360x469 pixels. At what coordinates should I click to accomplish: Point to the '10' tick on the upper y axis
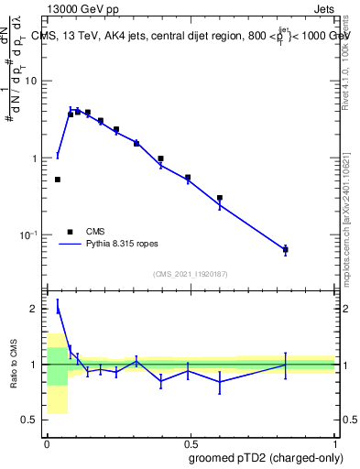tap(30, 81)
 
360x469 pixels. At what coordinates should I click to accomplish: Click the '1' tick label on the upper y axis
tap(34, 158)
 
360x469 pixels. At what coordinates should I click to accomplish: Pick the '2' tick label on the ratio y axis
tap(34, 309)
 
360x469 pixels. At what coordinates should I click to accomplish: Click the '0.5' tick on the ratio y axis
tap(29, 420)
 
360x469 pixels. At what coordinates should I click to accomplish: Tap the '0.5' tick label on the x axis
tap(191, 442)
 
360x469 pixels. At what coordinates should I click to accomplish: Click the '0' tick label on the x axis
tap(47, 442)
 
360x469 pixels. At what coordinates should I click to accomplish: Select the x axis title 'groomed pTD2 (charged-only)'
tap(266, 457)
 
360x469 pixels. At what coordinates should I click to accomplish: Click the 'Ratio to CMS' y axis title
tap(13, 365)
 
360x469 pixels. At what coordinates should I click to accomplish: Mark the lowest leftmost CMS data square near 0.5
tap(58, 180)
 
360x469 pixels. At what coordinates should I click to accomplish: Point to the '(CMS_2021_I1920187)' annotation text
tap(191, 274)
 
